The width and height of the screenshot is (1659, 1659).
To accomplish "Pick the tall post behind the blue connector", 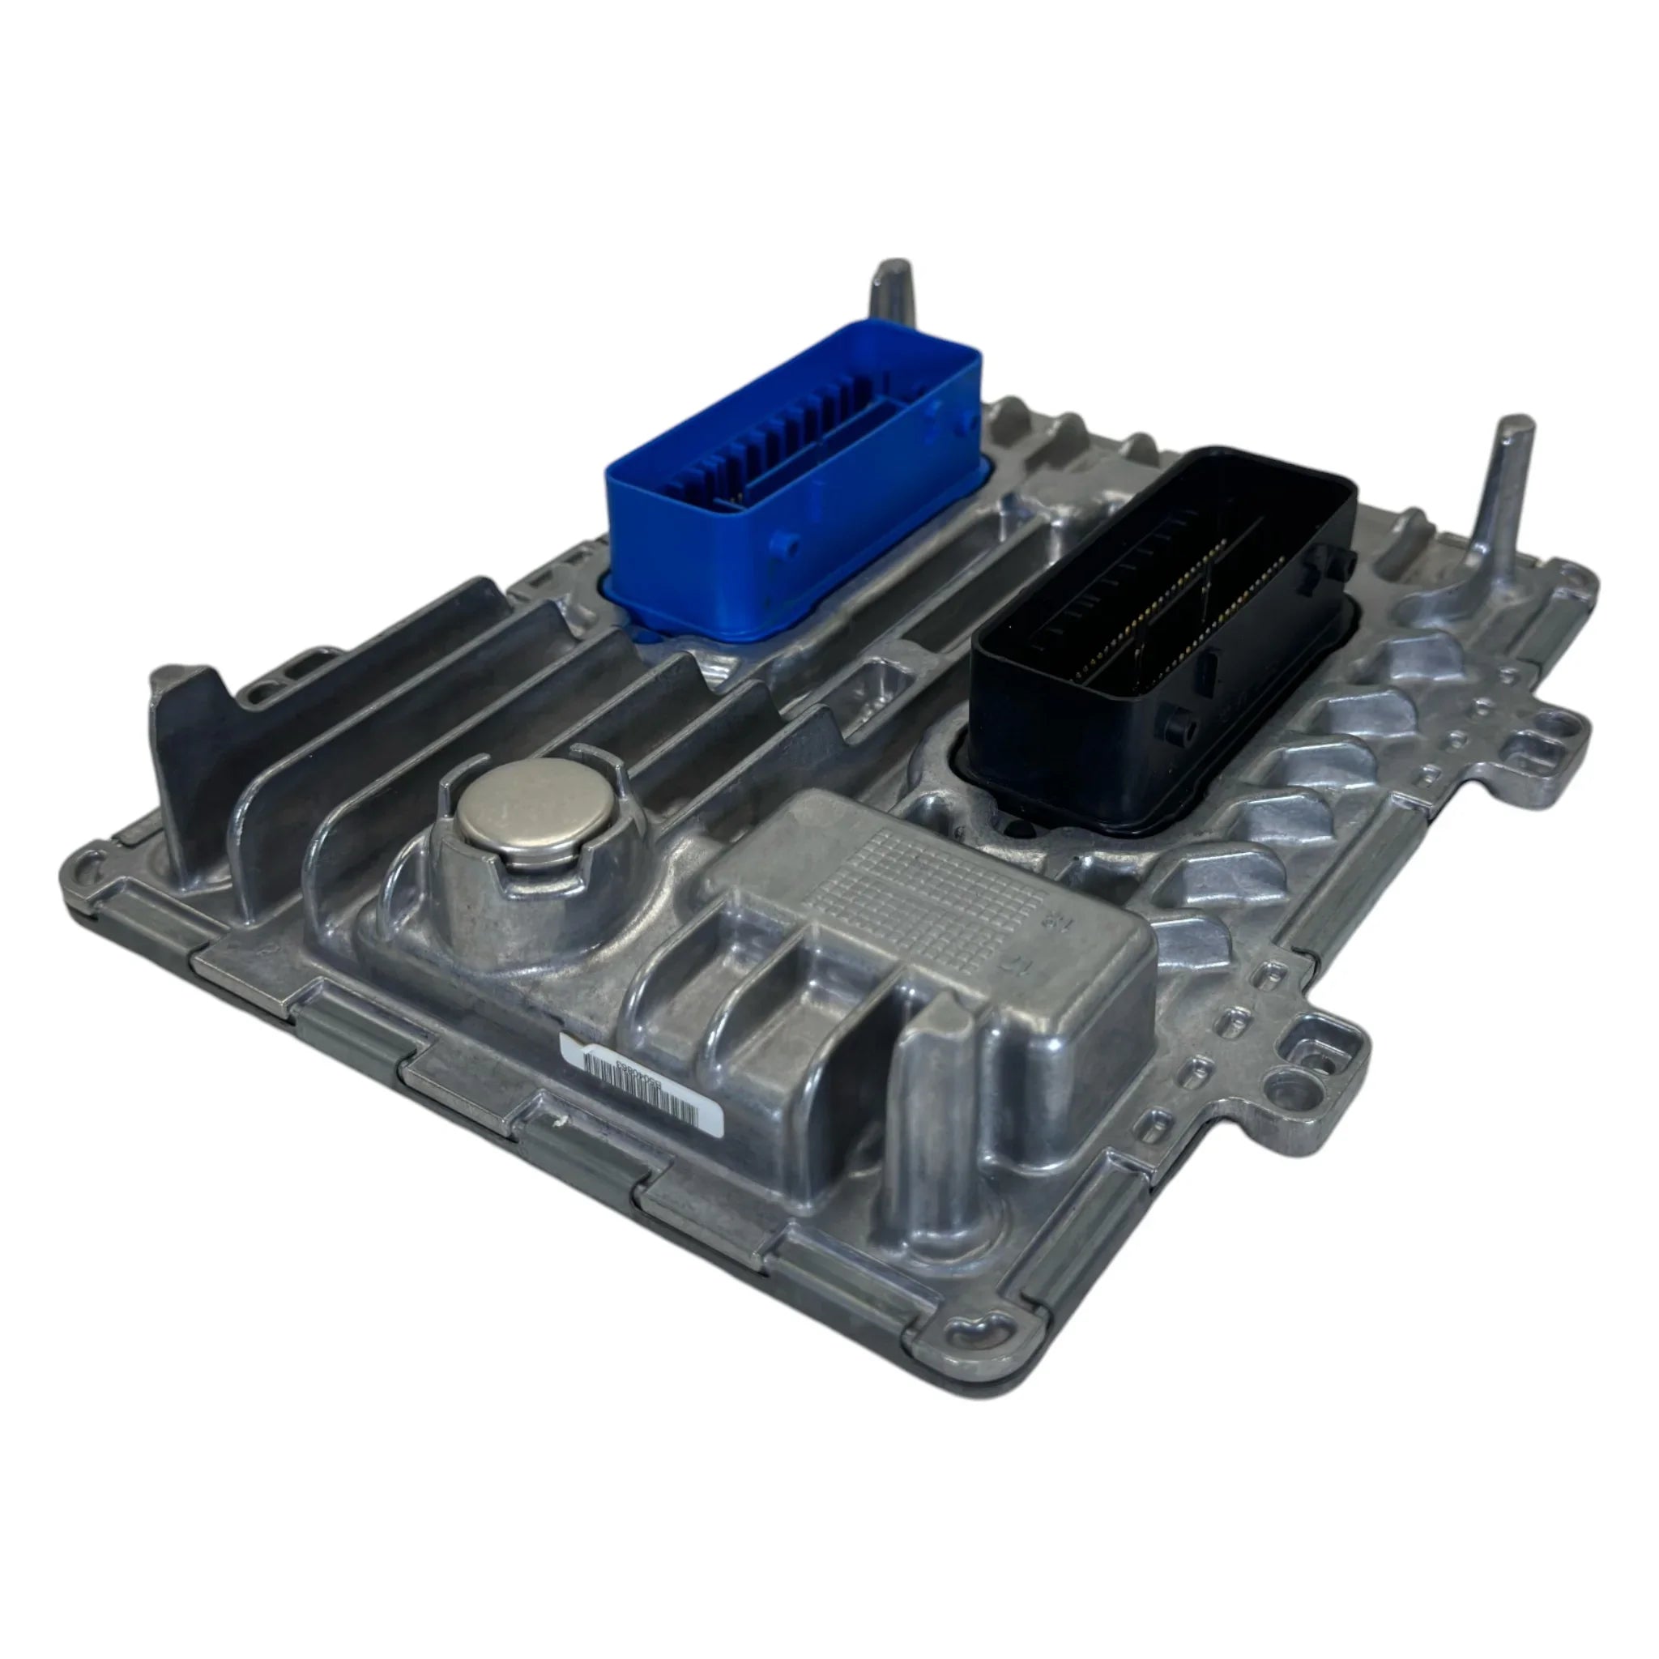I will [892, 292].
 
